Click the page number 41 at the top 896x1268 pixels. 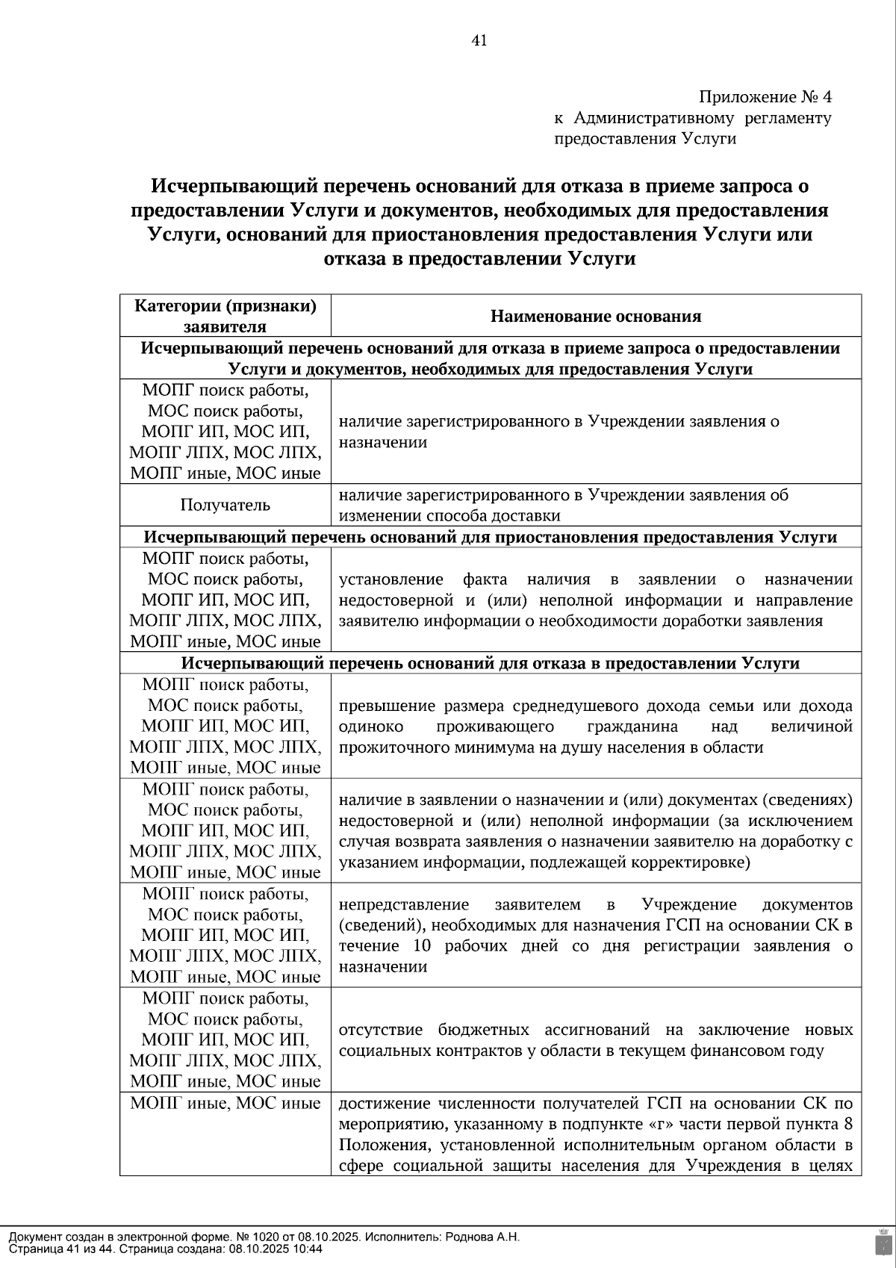pos(479,41)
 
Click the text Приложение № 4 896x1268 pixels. pos(765,97)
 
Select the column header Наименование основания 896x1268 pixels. pos(595,316)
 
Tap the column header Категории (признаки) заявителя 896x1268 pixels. pos(225,316)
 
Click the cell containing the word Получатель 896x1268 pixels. pos(225,506)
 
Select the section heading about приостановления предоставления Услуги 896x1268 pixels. pos(490,538)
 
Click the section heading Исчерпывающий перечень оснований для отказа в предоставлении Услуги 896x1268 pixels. pos(490,663)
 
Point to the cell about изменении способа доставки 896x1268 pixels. pos(595,506)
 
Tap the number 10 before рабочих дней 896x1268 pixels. pos(422,946)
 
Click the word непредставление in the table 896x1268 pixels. pos(403,904)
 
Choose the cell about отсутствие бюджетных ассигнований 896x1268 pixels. pos(595,1040)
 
